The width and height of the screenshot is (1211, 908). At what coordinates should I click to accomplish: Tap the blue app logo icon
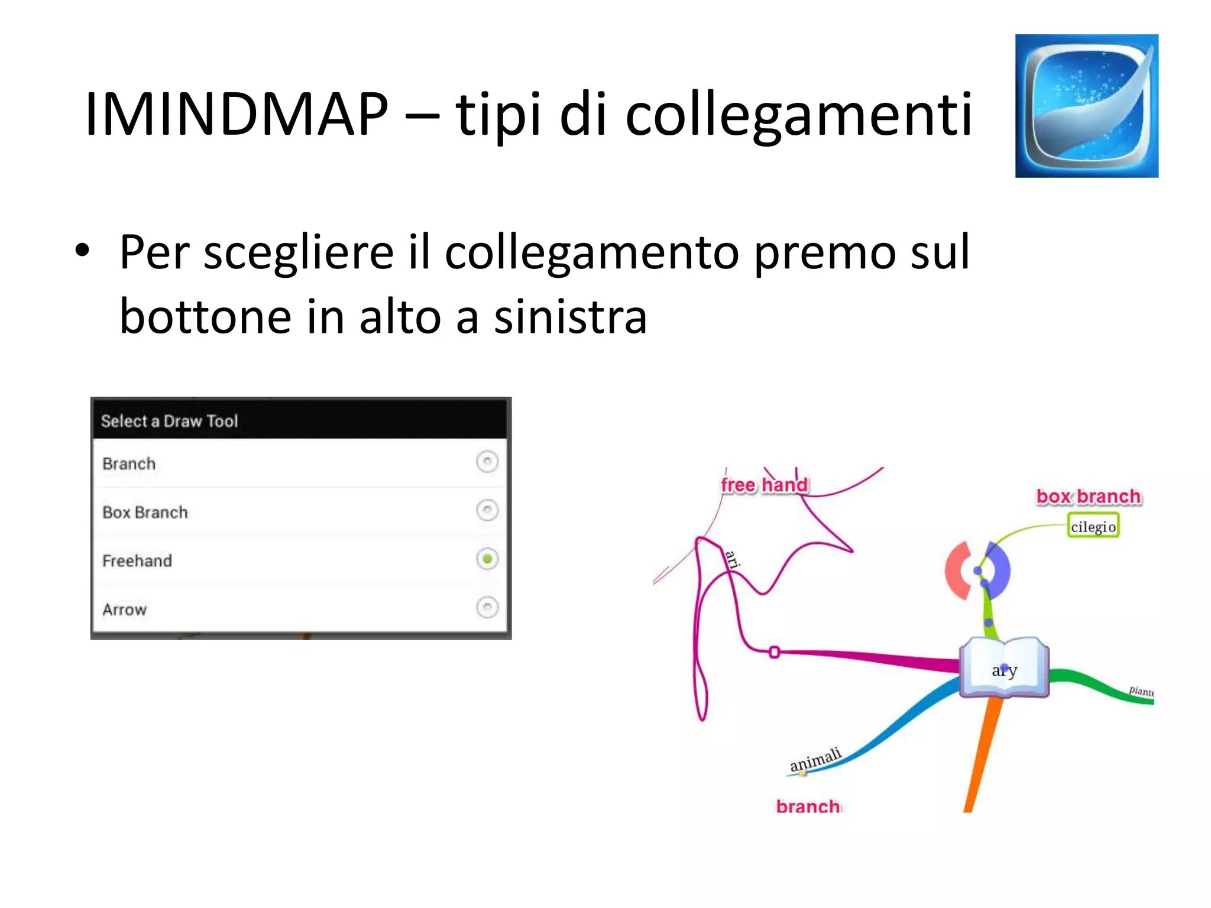pos(1086,106)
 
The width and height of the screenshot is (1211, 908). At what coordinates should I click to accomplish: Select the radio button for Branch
pos(487,462)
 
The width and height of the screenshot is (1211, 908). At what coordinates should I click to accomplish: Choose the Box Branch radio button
pos(487,510)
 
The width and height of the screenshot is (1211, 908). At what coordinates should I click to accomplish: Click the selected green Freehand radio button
pos(487,559)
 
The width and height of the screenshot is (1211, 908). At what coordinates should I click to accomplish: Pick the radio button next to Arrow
pos(487,607)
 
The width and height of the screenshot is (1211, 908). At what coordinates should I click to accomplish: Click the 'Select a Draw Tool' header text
pos(169,421)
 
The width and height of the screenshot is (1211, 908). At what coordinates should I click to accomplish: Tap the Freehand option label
pos(137,560)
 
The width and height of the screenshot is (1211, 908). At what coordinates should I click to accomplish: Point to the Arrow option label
pos(124,609)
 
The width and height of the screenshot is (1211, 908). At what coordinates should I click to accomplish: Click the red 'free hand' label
pos(764,485)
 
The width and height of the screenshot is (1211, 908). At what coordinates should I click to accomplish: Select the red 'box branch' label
pos(1089,497)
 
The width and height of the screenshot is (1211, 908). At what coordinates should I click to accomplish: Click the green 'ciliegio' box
pos(1093,526)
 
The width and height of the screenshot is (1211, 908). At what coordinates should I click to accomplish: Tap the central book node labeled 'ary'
pos(1004,668)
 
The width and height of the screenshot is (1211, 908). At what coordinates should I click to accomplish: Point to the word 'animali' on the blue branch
pos(815,760)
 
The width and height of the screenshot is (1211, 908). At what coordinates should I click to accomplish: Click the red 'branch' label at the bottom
pos(808,806)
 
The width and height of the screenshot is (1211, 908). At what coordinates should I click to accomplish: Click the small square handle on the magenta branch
pos(774,652)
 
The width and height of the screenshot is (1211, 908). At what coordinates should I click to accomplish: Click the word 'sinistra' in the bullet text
pos(570,317)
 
